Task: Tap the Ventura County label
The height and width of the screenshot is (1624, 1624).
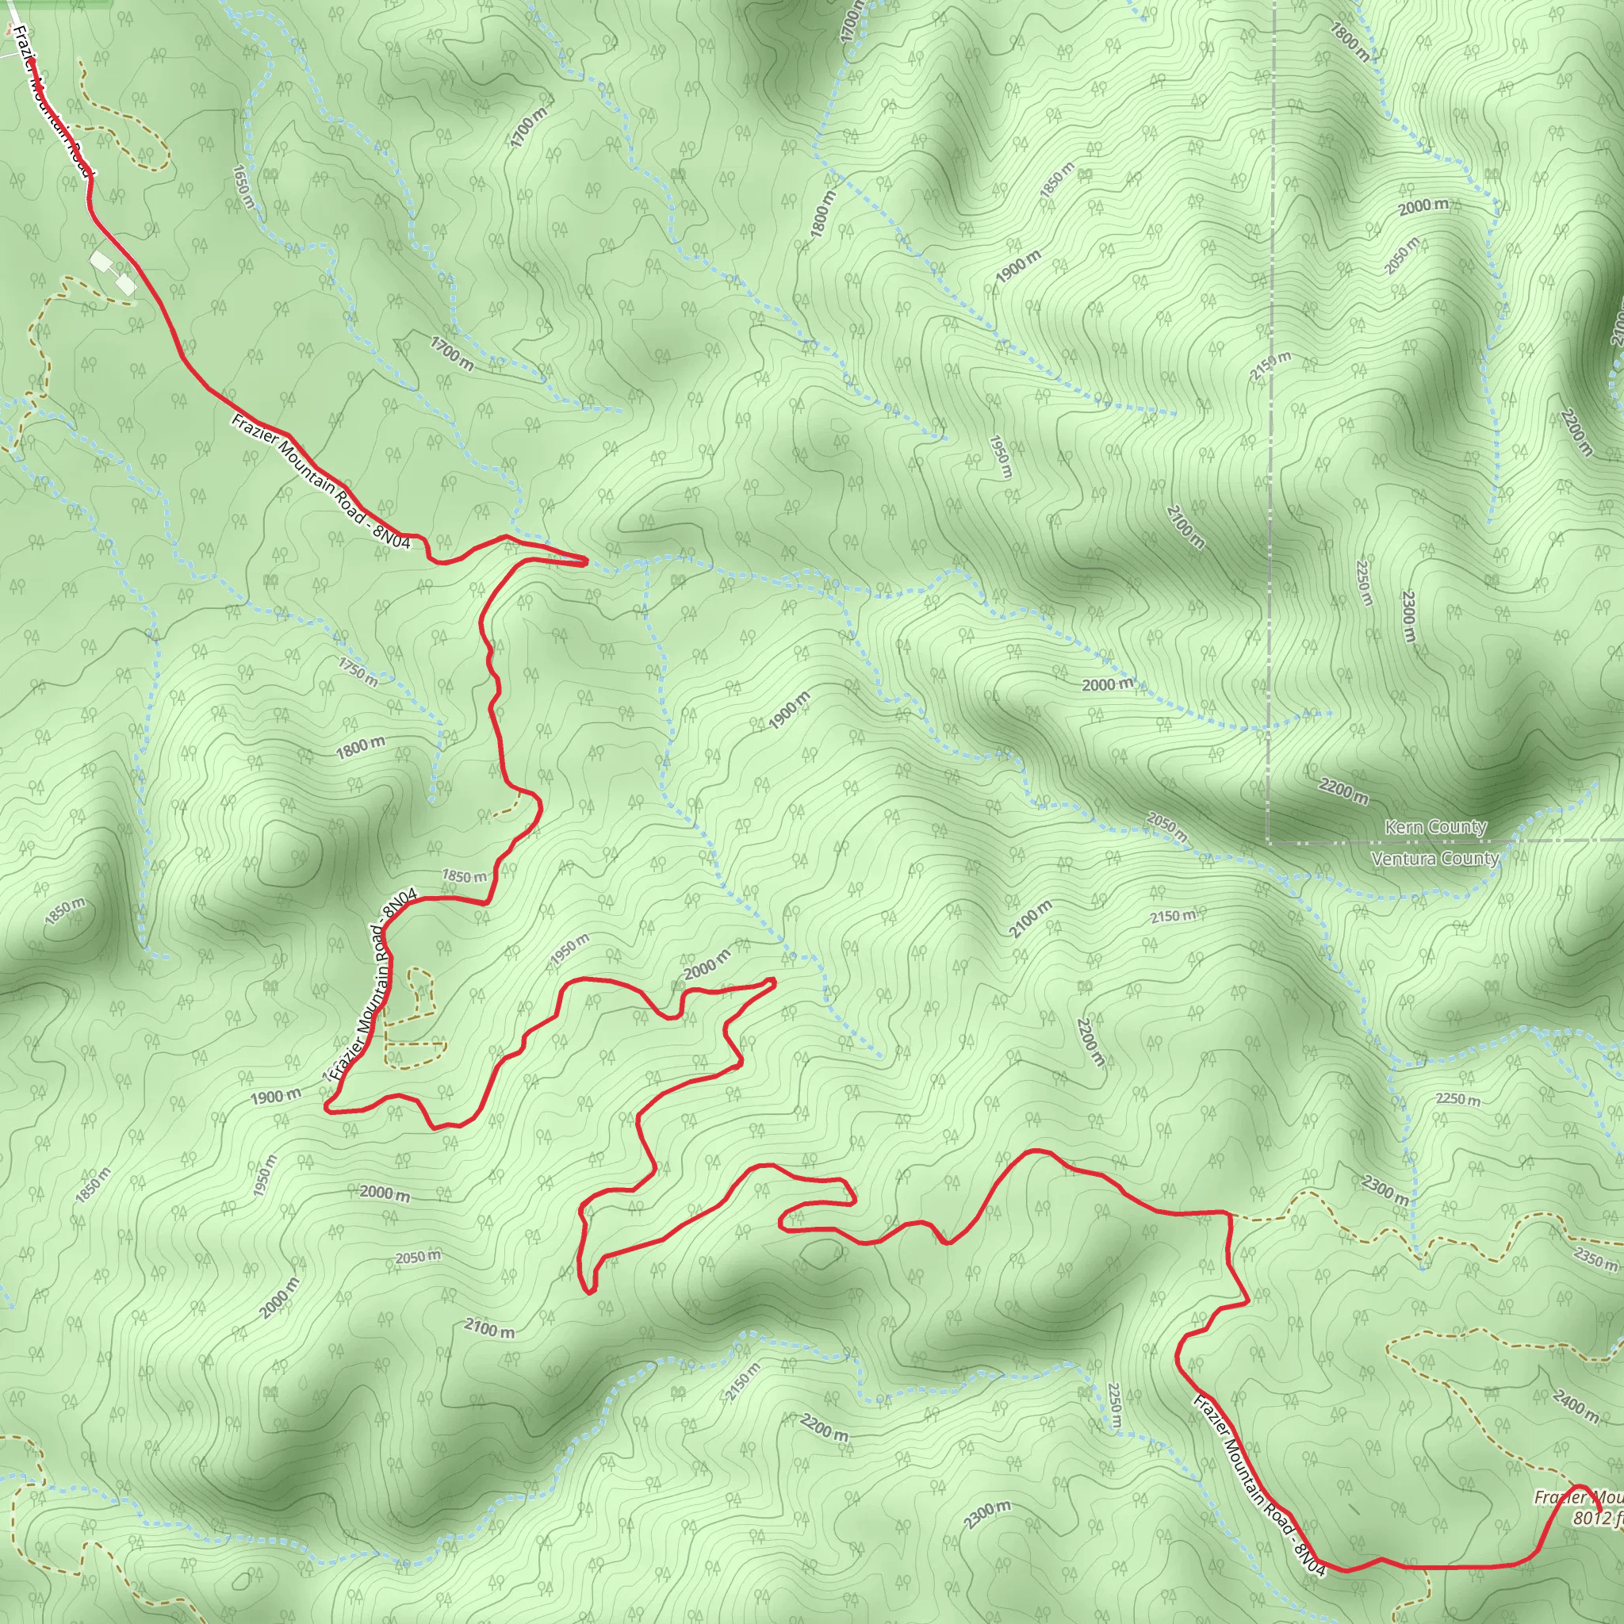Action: coord(1434,858)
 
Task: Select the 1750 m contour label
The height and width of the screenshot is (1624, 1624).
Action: coord(358,672)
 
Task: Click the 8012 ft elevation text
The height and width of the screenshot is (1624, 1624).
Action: coord(1597,1518)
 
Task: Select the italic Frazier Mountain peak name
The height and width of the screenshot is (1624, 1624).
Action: coord(1579,1498)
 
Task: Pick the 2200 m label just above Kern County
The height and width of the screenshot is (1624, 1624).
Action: coord(1343,790)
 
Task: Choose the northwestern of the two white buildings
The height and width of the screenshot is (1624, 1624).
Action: coord(100,262)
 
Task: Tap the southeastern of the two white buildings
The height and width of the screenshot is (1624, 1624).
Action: coord(125,285)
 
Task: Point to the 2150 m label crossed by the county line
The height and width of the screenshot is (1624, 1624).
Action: coord(1270,366)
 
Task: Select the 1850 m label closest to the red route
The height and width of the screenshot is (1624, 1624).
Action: coord(464,877)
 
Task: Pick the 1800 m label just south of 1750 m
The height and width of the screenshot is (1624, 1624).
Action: coord(361,746)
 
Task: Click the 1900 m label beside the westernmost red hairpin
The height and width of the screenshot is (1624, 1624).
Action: coord(275,1097)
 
